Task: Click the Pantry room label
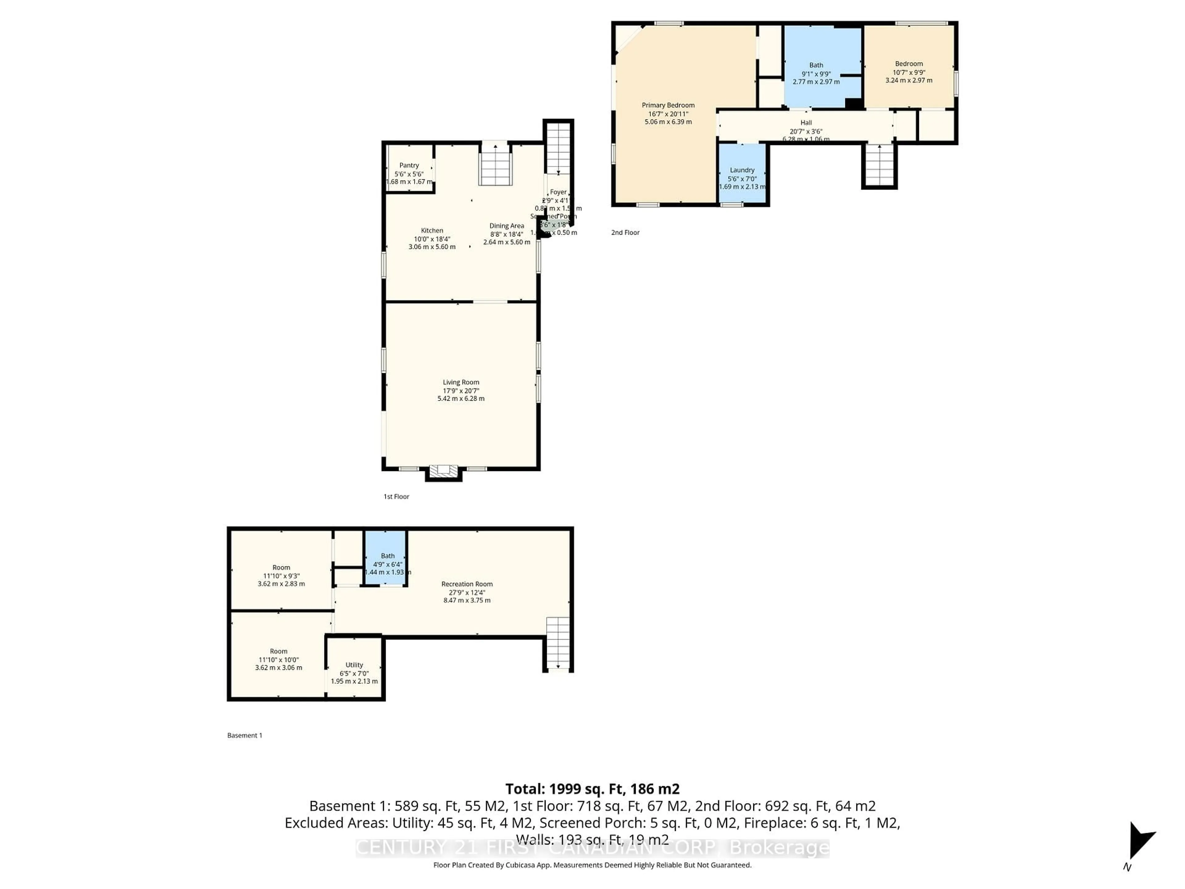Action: coord(409,165)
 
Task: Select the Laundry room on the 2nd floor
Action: coord(742,174)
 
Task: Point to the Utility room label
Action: coord(354,665)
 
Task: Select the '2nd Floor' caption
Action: coord(625,232)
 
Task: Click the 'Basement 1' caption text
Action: coord(245,735)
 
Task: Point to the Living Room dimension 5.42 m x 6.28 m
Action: coord(461,399)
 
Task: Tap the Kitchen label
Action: coord(432,230)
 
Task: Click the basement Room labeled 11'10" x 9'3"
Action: coord(281,575)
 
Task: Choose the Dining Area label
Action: coord(506,226)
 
